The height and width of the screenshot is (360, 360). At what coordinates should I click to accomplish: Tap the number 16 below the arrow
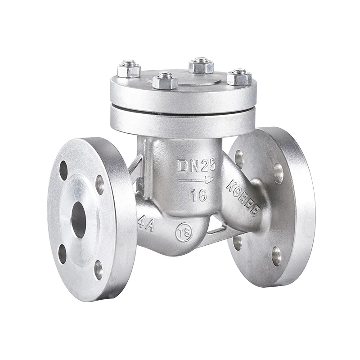[198, 194]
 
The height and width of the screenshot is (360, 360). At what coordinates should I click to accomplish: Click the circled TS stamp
[184, 232]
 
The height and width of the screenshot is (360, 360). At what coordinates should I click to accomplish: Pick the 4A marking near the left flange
[146, 224]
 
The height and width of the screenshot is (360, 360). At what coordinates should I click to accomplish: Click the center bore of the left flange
[78, 220]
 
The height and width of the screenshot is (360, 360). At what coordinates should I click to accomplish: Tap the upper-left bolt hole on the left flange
[63, 171]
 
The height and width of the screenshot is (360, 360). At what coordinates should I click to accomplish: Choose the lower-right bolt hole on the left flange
[98, 270]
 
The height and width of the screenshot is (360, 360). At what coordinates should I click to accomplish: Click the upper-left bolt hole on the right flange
[239, 159]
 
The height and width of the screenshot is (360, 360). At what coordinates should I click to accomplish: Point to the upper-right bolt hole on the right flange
[278, 173]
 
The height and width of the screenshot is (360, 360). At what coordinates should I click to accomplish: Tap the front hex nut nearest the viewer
[165, 81]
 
